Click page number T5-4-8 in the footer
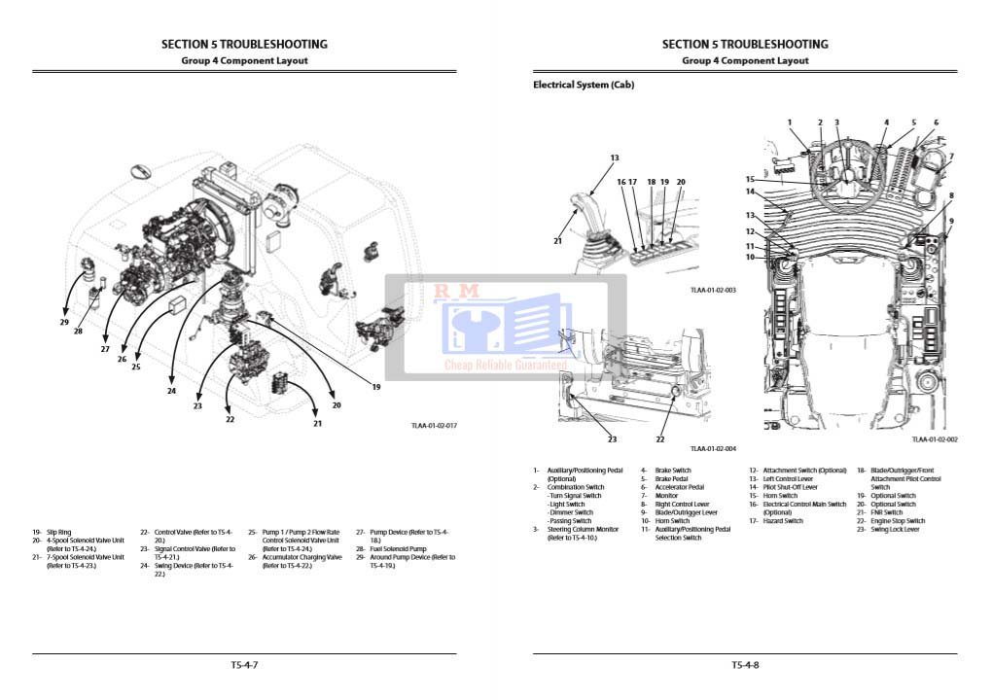pos(745,665)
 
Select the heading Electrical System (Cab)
pos(584,86)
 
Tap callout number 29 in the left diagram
pos(64,322)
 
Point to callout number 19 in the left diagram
pos(375,387)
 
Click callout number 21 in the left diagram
pos(317,423)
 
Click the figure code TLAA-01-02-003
pos(713,290)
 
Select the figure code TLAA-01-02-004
pos(713,448)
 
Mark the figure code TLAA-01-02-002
pos(935,439)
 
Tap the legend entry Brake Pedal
pos(672,479)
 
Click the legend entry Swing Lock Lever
pos(895,530)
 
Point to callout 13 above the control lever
pos(615,157)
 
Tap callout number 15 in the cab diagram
pos(750,179)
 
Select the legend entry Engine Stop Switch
pos(898,521)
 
